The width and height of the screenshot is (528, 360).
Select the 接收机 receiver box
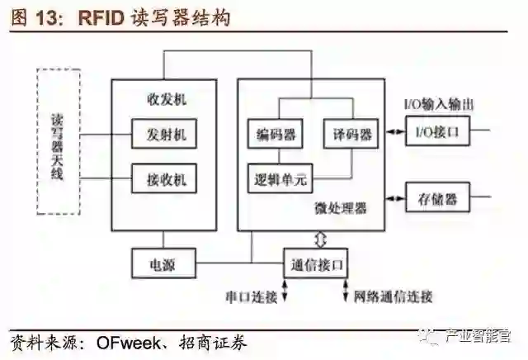[x=164, y=178]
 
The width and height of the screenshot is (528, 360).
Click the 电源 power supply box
[x=163, y=264]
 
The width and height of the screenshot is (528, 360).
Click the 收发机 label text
[x=164, y=100]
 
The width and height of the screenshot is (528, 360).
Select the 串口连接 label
[x=250, y=296]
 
